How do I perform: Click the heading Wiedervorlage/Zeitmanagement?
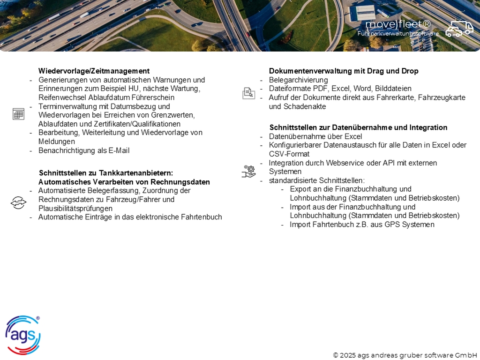pos(94,71)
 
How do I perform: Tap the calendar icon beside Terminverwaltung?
pos(18,114)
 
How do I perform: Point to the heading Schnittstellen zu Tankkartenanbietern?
pos(106,173)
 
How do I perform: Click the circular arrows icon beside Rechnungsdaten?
pos(18,203)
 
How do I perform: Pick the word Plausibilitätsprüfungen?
pos(75,208)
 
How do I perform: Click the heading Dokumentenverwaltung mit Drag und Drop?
pos(344,71)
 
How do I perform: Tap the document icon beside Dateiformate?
pos(248,93)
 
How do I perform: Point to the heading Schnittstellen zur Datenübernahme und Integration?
pos(358,127)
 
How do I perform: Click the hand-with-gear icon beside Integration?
pos(248,171)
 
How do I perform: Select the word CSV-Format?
pos(289,154)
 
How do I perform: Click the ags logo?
pos(22,335)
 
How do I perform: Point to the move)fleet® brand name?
pos(397,24)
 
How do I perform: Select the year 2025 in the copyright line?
pos(348,355)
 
